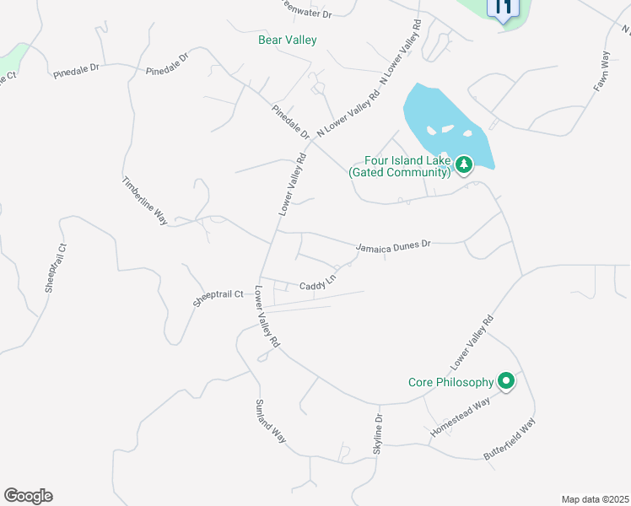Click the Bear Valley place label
pyautogui.click(x=287, y=40)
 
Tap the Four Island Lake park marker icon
pyautogui.click(x=463, y=164)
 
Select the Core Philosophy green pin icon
pyautogui.click(x=506, y=381)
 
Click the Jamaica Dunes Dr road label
pyautogui.click(x=393, y=245)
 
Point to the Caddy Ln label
pyautogui.click(x=318, y=283)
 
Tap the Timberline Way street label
pyautogui.click(x=145, y=201)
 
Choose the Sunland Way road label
pyautogui.click(x=271, y=421)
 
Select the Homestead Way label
pyautogui.click(x=460, y=417)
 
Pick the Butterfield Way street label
pyautogui.click(x=510, y=442)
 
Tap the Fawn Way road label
pyautogui.click(x=601, y=71)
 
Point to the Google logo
pyautogui.click(x=28, y=496)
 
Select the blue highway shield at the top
pyautogui.click(x=503, y=10)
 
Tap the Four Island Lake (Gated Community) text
pyautogui.click(x=399, y=166)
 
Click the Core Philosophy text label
pyautogui.click(x=451, y=382)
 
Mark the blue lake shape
pyautogui.click(x=439, y=126)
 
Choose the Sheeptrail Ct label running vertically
pyautogui.click(x=56, y=267)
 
